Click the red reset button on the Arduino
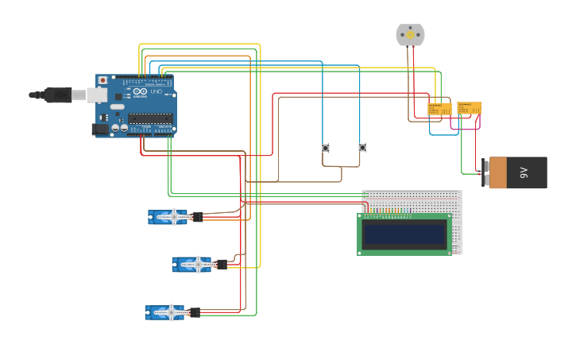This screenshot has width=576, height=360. point(102,80)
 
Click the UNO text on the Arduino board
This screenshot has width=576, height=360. point(156,92)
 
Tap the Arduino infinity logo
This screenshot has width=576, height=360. point(140,92)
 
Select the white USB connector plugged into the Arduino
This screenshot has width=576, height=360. point(96,95)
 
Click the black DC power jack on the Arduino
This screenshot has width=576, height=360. point(100,129)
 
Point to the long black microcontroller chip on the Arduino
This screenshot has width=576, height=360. point(150,119)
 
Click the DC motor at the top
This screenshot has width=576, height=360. point(410,35)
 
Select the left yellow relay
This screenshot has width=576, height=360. point(439,108)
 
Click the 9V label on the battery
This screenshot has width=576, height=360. point(524,172)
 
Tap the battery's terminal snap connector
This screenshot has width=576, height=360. point(485,172)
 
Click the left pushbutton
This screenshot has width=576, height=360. point(326,147)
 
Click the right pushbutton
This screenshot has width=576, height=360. point(362,147)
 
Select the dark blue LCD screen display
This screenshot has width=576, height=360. point(404,234)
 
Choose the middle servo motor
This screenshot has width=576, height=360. point(193,265)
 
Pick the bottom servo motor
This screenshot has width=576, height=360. point(165,312)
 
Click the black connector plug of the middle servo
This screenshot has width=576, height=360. point(222,265)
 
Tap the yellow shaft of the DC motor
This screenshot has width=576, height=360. point(410,34)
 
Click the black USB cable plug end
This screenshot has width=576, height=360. point(57,95)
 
